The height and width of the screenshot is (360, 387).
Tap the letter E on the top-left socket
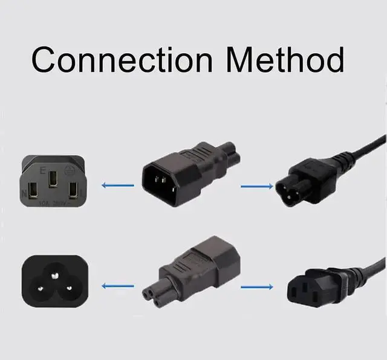coord(42,171)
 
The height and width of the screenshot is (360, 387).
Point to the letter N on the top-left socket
coord(24,193)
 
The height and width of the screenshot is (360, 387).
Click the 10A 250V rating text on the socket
coord(52,204)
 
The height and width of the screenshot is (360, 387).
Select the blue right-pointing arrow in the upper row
coord(256,186)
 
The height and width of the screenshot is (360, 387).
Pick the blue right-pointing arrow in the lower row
coord(256,287)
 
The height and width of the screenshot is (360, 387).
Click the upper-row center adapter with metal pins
coord(175,175)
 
